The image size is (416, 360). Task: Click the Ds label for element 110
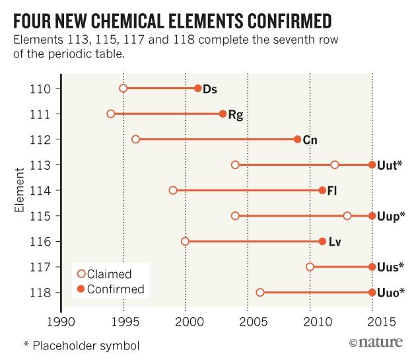210,89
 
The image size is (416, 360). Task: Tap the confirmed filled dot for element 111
223,114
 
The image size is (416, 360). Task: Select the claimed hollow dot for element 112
135,139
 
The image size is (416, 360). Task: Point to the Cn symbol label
310,139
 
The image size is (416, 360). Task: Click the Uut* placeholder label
390,164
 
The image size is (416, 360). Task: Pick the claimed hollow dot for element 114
173,190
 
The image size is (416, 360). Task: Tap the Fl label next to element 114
333,190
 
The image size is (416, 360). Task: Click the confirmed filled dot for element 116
322,241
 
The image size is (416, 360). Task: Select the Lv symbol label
334,241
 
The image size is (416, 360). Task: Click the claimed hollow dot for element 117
310,267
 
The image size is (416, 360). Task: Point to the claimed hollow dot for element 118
260,292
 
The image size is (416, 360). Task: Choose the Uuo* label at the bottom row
390,292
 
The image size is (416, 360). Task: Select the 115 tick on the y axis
44,215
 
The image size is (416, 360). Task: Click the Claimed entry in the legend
109,274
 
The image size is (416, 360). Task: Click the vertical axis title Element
21,190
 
